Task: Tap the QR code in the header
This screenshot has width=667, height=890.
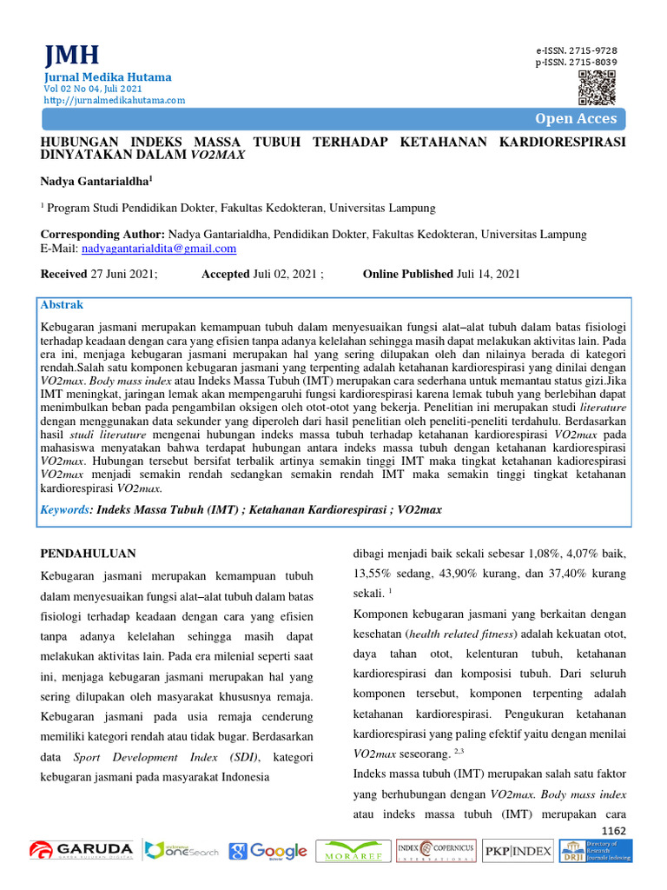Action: click(x=597, y=87)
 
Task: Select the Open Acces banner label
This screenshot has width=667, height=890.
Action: click(x=576, y=119)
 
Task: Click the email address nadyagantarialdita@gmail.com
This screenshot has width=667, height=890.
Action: click(x=159, y=249)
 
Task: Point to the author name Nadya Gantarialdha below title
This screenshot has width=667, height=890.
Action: click(x=97, y=181)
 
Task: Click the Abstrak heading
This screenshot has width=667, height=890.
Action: click(x=63, y=305)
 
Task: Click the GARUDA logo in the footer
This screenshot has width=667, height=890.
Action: click(x=81, y=850)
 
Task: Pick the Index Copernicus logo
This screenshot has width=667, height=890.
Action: click(x=435, y=851)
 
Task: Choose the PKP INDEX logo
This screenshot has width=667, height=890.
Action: click(x=518, y=851)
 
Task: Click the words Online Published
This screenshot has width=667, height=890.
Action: click(x=408, y=275)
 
